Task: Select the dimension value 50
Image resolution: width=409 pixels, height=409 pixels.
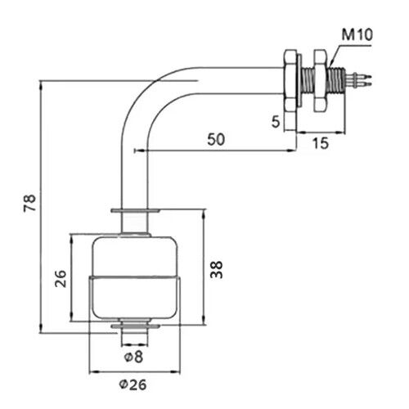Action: coord(215,139)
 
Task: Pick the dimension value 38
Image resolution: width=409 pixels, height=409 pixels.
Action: coord(216,270)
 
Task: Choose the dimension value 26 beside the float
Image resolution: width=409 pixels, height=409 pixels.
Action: coord(60,280)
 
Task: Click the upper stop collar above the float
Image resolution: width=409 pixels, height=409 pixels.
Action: coord(136,211)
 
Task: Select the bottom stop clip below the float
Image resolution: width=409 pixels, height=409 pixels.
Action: coord(136,329)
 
